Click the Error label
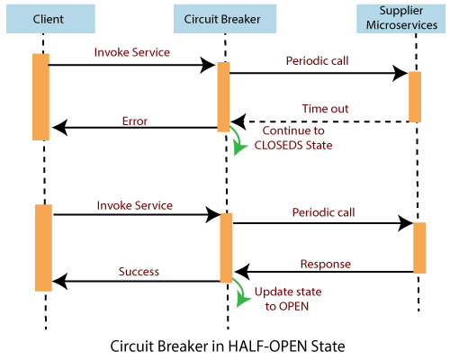[134, 120]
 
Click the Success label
[139, 271]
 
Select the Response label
[326, 264]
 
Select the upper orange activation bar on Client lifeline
[40, 96]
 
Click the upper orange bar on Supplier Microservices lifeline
[415, 96]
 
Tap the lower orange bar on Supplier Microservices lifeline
[418, 247]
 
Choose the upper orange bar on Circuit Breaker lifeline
[223, 98]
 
